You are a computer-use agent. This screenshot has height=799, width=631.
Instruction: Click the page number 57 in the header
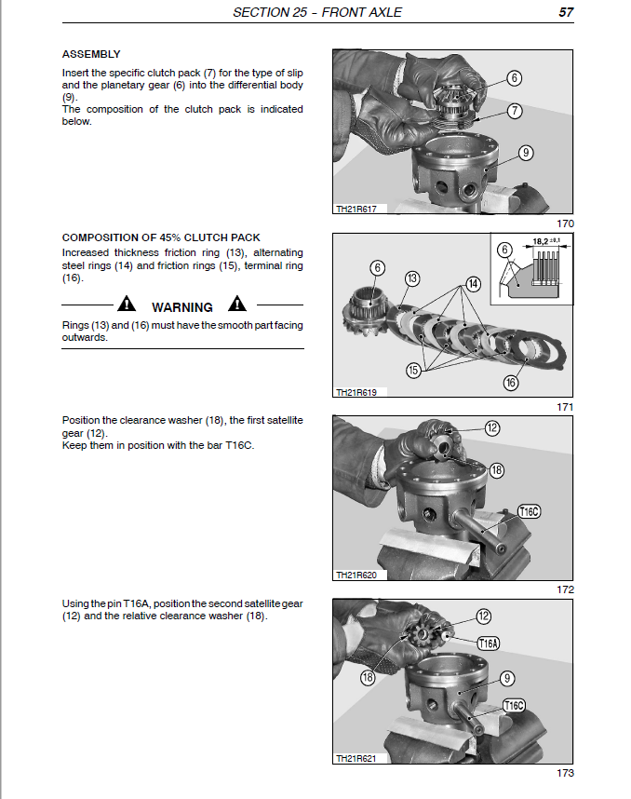[x=564, y=12]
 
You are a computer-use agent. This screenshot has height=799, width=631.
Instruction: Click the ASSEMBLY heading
[x=91, y=54]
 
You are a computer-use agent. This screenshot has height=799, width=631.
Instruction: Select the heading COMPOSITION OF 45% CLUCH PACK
[x=161, y=237]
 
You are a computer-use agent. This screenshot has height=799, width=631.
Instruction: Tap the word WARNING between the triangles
[x=182, y=306]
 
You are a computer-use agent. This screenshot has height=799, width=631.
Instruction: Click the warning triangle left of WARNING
[x=127, y=305]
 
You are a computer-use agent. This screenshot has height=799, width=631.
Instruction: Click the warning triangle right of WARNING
[x=238, y=305]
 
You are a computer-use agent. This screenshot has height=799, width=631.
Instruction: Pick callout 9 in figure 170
[x=526, y=153]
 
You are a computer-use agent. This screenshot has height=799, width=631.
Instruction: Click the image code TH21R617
[x=356, y=210]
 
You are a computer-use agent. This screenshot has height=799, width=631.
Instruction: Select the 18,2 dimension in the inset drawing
[x=544, y=241]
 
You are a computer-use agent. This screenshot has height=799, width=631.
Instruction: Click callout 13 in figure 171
[x=412, y=278]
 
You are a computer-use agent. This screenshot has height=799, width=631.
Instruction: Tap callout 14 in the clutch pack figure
[x=473, y=284]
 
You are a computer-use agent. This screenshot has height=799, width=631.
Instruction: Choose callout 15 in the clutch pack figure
[x=412, y=370]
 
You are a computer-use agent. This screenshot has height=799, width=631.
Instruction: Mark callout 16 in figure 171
[x=510, y=382]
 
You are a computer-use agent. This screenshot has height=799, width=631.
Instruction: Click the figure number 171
[x=565, y=407]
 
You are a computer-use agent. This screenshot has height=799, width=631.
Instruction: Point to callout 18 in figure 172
[x=496, y=470]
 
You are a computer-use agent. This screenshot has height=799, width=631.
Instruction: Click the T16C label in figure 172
[x=530, y=511]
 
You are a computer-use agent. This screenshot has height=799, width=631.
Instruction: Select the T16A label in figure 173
[x=489, y=643]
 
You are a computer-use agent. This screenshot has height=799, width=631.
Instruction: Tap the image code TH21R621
[x=356, y=759]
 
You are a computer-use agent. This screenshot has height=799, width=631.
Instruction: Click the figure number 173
[x=565, y=773]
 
